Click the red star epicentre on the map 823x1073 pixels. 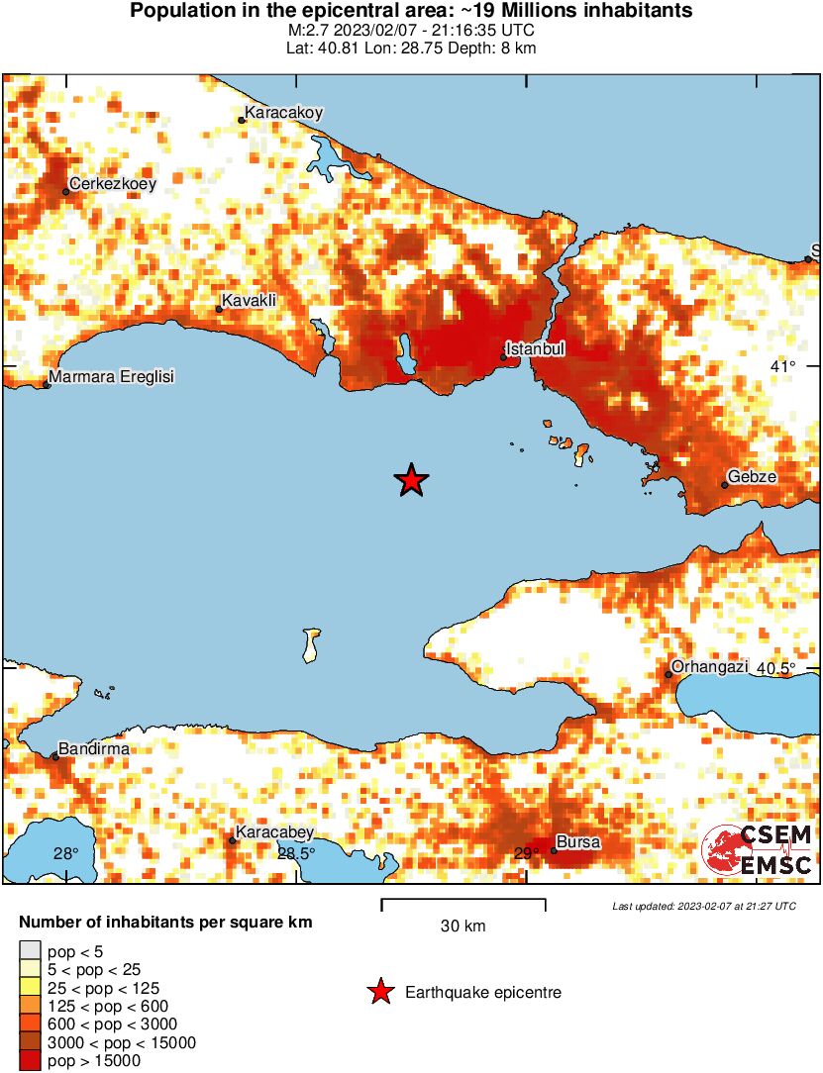pyautogui.click(x=411, y=480)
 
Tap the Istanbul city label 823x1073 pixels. pyautogui.click(x=535, y=349)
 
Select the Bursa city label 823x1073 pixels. pyautogui.click(x=577, y=843)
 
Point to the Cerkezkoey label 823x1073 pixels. pyautogui.click(x=108, y=183)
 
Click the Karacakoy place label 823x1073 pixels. pyautogui.click(x=284, y=113)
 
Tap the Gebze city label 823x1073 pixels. pyautogui.click(x=752, y=477)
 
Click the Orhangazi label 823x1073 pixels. pyautogui.click(x=709, y=667)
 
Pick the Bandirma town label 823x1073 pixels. pyautogui.click(x=94, y=749)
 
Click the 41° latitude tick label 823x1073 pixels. pyautogui.click(x=782, y=367)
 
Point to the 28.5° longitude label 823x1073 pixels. pyautogui.click(x=295, y=854)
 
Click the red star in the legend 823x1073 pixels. pyautogui.click(x=380, y=992)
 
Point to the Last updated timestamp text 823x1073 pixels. pyautogui.click(x=704, y=906)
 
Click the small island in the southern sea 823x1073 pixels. pyautogui.click(x=311, y=644)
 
